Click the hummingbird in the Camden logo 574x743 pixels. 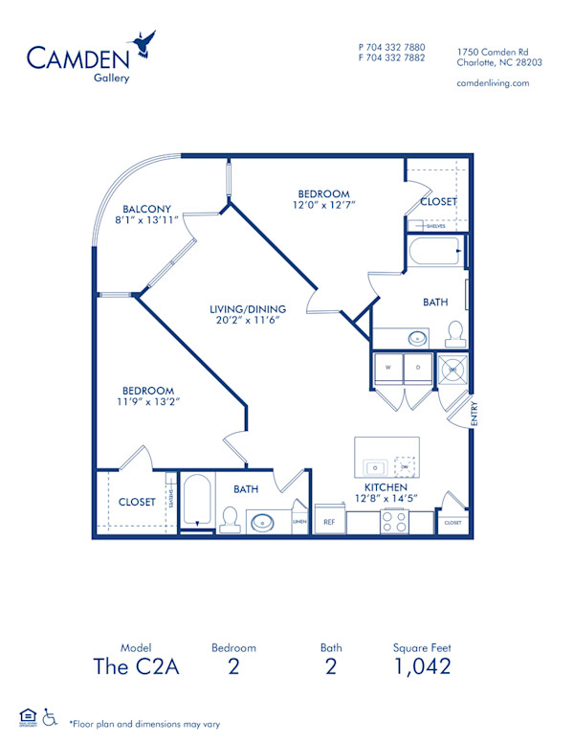[x=145, y=44]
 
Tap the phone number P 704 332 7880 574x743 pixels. [x=391, y=47]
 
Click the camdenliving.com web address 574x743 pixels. [x=493, y=83]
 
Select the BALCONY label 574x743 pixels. [x=146, y=210]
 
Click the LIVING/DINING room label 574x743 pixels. [x=248, y=308]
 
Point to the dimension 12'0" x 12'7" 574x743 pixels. [x=324, y=205]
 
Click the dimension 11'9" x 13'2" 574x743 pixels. [x=147, y=402]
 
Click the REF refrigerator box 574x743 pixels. [x=329, y=523]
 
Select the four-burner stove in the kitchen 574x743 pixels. [x=394, y=522]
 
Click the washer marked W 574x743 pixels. [x=389, y=367]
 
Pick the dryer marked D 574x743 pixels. [x=418, y=367]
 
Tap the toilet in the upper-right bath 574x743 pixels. [x=454, y=333]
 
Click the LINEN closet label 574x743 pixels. [x=299, y=522]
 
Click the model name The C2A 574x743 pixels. [x=135, y=667]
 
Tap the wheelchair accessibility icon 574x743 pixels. [x=49, y=715]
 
